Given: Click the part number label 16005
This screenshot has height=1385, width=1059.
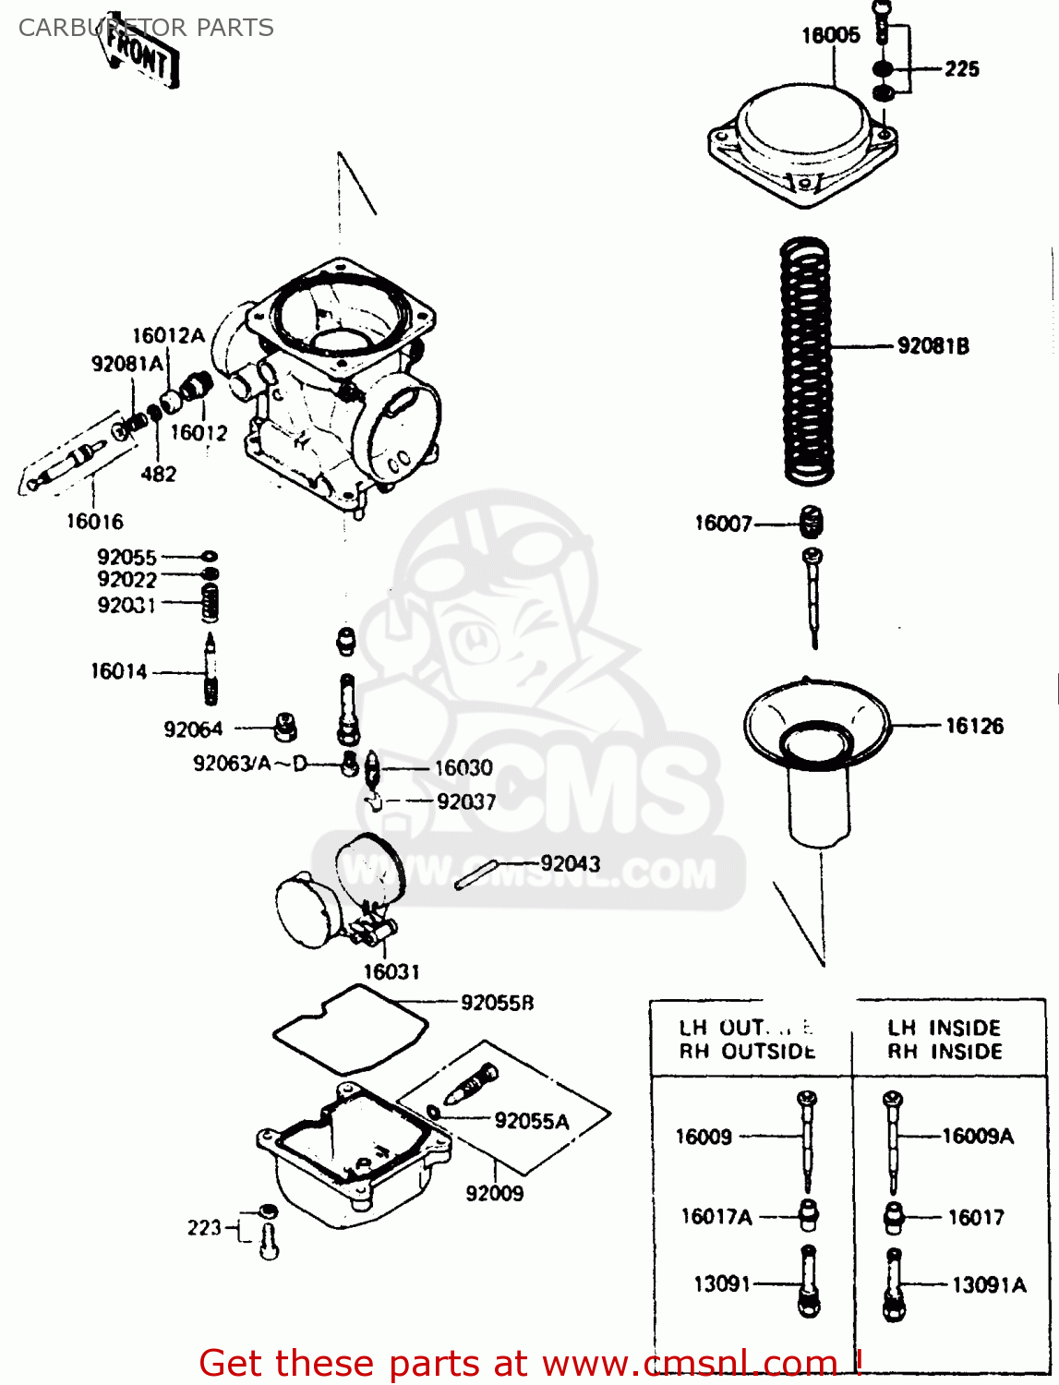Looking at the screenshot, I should tap(830, 35).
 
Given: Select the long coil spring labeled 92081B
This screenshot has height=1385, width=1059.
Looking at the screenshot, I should tap(807, 360).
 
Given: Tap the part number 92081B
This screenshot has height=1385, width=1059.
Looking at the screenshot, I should tap(933, 346).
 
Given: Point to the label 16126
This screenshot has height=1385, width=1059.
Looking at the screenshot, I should tap(974, 726).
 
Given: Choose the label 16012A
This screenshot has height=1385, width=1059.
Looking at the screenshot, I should tap(168, 336).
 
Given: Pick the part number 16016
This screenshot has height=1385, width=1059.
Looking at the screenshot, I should tap(94, 522).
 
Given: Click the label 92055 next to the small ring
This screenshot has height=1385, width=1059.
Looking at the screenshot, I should tap(127, 557).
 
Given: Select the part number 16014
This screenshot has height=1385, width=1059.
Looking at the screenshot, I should tap(119, 671).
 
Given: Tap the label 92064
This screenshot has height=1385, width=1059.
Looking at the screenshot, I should tap(193, 729).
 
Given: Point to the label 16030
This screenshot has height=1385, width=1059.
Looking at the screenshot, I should tap(463, 767).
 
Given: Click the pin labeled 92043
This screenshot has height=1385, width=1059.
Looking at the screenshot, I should tap(476, 874).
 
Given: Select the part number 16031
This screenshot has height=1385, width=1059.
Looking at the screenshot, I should tap(391, 971).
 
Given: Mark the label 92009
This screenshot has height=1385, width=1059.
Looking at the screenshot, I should tap(495, 1193).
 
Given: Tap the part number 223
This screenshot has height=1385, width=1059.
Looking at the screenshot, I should tap(204, 1228).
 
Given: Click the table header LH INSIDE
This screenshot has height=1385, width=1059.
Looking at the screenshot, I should tap(945, 1028).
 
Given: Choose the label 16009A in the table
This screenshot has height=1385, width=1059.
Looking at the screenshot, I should tap(978, 1137).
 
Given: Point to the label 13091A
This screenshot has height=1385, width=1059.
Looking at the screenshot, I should tap(988, 1284).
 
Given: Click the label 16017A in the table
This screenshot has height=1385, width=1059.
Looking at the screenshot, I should tap(716, 1217).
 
